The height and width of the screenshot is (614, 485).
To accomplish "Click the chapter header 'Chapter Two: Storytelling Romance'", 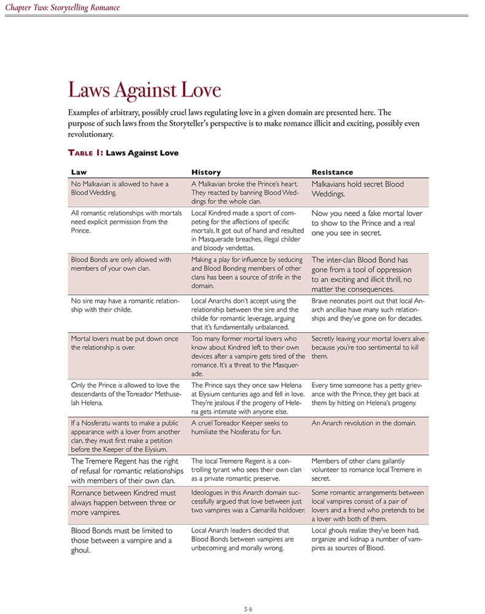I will [x=62, y=8].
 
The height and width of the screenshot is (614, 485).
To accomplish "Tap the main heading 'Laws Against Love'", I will [x=144, y=90].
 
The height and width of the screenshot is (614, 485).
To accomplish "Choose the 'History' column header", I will [x=206, y=172].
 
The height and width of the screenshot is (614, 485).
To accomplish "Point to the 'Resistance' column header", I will [x=332, y=172].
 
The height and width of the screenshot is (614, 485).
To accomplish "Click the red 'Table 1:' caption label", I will [x=86, y=152].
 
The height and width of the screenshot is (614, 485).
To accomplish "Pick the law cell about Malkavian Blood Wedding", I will [x=120, y=188].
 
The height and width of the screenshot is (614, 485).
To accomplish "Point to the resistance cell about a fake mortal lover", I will [x=367, y=223].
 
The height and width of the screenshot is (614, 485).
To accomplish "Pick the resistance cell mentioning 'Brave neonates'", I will [x=367, y=309].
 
